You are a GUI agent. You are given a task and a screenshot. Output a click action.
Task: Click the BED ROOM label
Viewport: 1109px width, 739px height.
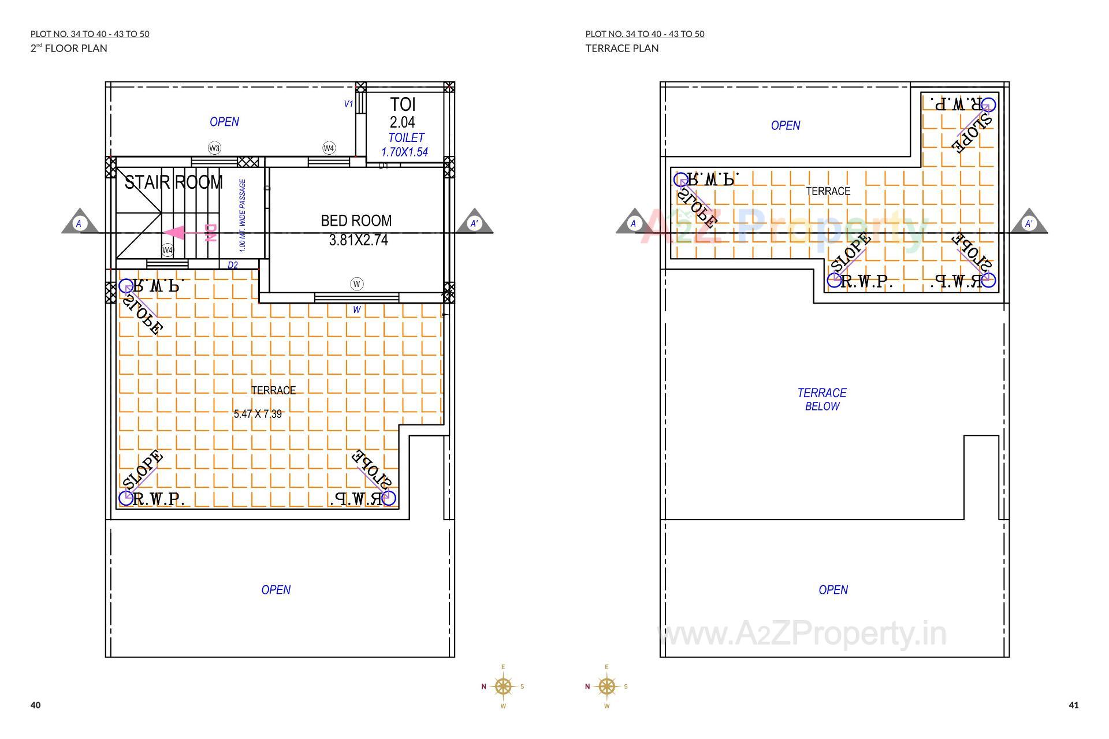coord(356,221)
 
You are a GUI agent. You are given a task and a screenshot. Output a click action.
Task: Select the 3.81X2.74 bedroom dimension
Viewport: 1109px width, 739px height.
coord(358,240)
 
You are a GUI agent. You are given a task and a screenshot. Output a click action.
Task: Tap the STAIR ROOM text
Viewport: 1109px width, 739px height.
coord(173,182)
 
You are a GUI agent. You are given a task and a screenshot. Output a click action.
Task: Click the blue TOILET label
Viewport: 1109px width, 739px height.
coord(406,138)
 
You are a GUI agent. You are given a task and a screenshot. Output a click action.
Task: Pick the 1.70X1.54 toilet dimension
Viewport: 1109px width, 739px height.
coord(404,152)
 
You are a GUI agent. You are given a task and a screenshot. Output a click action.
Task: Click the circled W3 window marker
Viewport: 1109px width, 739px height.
coord(214,148)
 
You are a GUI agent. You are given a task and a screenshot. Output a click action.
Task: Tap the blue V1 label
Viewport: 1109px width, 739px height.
coord(348,104)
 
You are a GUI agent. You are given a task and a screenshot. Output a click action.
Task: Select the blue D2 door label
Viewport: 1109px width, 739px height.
coord(233,266)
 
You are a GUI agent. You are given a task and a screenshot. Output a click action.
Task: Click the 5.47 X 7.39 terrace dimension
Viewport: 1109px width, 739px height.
coord(258,414)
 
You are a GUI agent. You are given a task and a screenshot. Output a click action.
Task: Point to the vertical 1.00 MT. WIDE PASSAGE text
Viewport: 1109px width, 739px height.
coord(243,215)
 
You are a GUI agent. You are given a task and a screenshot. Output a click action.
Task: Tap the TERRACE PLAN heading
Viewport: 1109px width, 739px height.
coord(622,48)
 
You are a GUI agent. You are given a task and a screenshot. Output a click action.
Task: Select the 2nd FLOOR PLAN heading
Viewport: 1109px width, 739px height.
coord(69,48)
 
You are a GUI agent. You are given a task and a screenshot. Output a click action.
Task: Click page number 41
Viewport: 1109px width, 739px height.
coord(1074,705)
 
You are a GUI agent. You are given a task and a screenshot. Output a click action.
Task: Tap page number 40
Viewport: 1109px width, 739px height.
coord(36,705)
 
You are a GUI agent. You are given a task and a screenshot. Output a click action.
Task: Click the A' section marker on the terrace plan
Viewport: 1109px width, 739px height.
coord(1029,223)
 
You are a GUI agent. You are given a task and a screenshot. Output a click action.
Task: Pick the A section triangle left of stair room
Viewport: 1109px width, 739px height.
coord(79,223)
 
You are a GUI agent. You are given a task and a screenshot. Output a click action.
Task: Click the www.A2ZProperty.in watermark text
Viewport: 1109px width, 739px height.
coord(802,634)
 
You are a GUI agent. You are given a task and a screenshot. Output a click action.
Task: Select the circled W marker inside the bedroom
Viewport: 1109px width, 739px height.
coord(357,283)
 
